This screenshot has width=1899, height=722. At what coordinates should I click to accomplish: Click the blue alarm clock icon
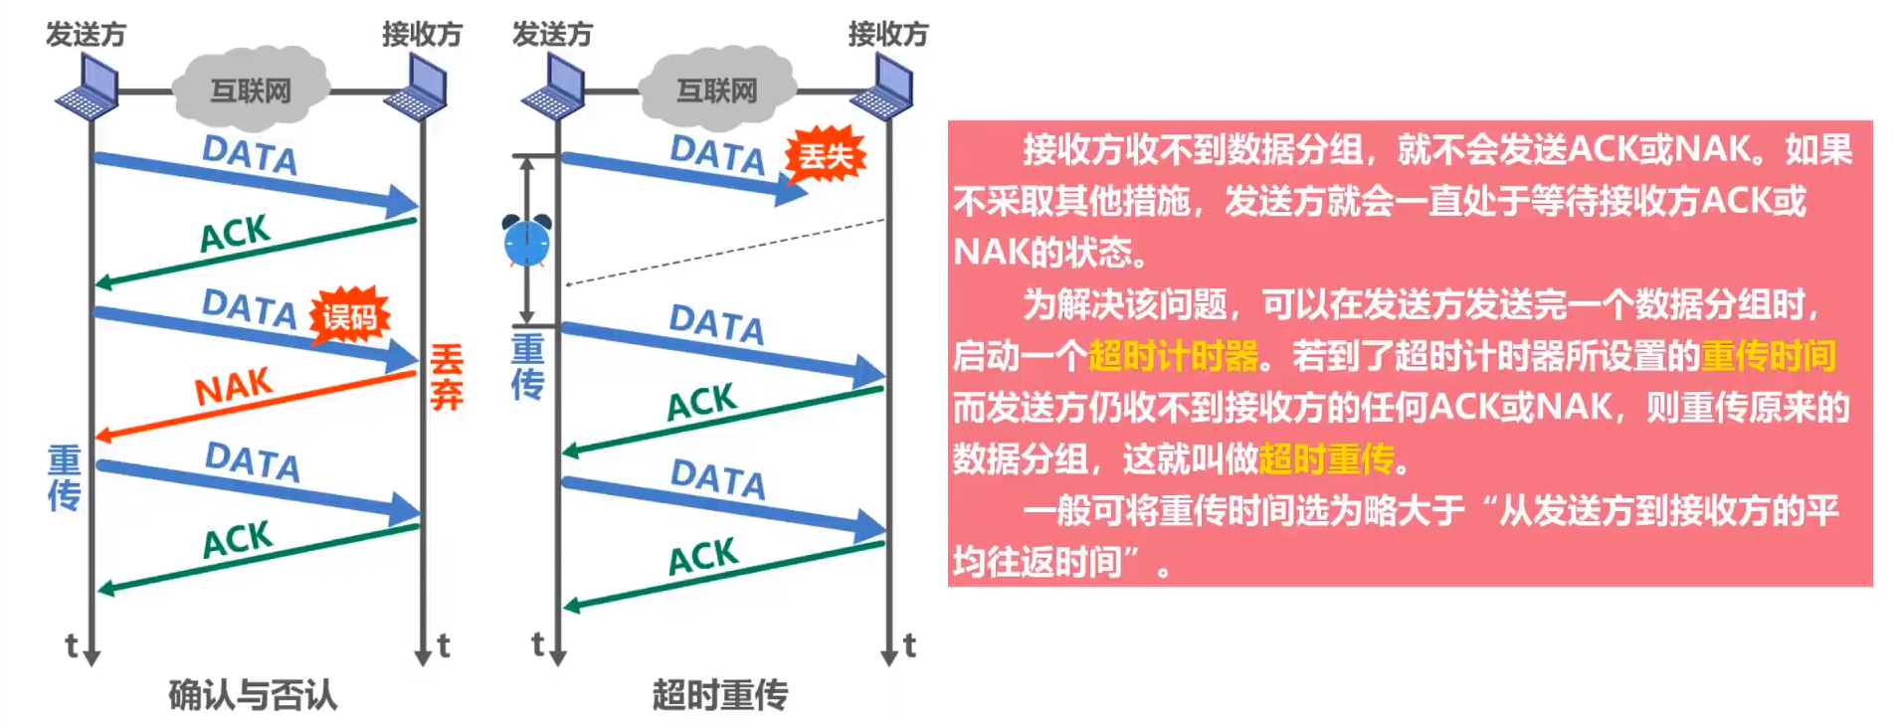tap(526, 241)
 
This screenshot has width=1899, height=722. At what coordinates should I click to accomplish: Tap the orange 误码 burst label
tap(349, 317)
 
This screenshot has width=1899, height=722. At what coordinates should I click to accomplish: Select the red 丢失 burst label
tap(826, 156)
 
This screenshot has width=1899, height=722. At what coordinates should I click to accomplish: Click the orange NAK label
tap(234, 386)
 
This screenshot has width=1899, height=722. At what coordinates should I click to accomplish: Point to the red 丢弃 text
tap(447, 377)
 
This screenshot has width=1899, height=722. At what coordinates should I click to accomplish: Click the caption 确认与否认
tap(253, 694)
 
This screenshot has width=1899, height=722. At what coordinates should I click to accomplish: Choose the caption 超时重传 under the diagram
tap(719, 694)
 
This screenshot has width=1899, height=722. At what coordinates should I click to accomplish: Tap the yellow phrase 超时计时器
tap(1174, 355)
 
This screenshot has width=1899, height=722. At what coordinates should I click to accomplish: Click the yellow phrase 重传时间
tap(1768, 355)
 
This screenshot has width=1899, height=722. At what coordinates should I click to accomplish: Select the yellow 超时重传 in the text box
tap(1327, 458)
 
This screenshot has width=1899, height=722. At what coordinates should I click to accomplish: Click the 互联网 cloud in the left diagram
tap(251, 90)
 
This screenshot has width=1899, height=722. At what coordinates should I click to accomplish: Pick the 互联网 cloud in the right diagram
tap(716, 90)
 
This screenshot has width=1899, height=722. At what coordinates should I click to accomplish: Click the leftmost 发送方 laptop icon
tap(88, 88)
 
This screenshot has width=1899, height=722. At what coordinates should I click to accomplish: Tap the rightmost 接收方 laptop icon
tap(882, 88)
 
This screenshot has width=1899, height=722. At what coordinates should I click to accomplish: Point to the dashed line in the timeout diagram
tap(725, 253)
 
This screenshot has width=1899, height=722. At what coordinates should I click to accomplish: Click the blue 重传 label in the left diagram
tap(65, 477)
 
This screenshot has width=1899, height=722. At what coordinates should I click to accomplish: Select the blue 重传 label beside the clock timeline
tap(527, 366)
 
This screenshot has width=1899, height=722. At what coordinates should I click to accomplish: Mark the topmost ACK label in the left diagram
tap(235, 235)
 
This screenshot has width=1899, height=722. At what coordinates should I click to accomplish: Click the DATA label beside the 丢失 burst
tap(717, 154)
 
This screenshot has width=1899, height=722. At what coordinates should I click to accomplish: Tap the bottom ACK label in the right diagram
tap(702, 557)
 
